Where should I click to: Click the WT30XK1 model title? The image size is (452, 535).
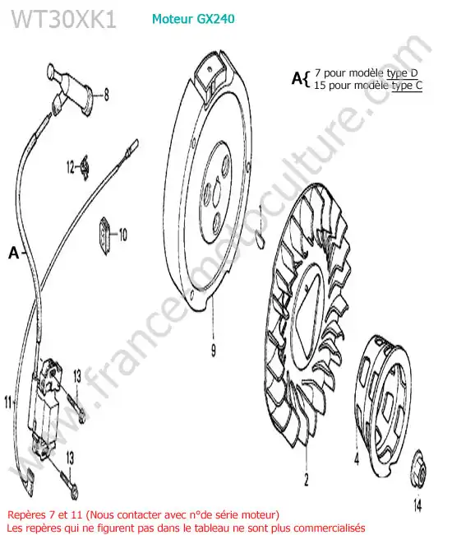point(64,19)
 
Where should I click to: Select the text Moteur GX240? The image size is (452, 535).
point(193,19)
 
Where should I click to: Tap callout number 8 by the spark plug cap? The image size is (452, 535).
point(106,95)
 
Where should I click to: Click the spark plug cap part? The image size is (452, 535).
point(71,89)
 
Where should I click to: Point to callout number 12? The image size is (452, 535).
point(70,167)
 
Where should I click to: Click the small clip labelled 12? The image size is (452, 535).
point(85,166)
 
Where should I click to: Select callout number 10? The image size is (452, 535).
point(122,235)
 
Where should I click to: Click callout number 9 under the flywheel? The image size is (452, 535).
point(214,350)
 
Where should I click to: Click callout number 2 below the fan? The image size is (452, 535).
point(307,479)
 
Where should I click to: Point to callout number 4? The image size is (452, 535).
point(357,458)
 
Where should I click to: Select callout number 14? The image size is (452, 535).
point(417,505)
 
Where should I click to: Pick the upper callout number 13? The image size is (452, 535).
point(77,376)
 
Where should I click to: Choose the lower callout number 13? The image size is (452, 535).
point(70,458)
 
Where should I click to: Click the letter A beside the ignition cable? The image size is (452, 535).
point(14,253)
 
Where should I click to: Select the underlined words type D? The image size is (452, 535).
point(402,73)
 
